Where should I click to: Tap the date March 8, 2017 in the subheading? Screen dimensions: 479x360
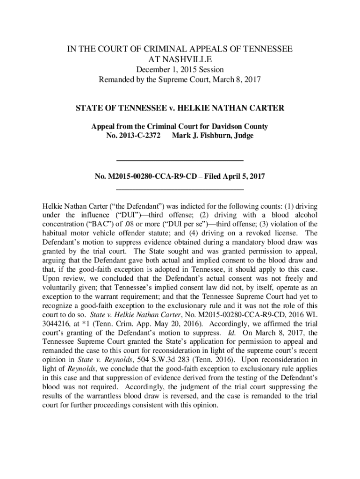coord(234,80)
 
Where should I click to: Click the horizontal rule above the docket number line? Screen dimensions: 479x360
coord(180,160)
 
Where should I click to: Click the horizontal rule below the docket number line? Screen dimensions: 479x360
coord(180,189)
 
